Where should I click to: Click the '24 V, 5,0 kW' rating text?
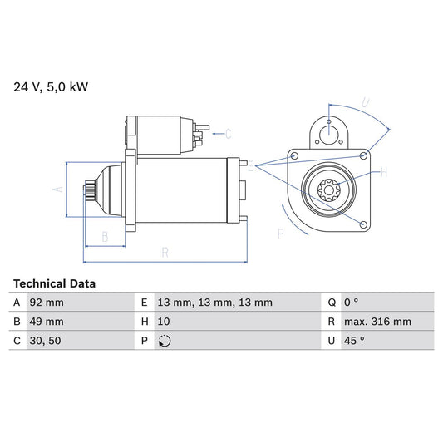[x=51, y=86]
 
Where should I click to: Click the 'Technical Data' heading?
[x=54, y=283]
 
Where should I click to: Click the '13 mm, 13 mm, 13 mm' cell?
[x=214, y=303]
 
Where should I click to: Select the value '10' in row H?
[x=164, y=322]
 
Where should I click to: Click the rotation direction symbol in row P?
[x=164, y=340]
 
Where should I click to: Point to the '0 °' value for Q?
[x=352, y=303]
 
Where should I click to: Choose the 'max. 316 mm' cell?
[x=378, y=322]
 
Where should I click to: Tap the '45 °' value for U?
[x=356, y=340]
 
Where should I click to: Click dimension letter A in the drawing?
[x=57, y=190]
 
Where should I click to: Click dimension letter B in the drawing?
[x=104, y=237]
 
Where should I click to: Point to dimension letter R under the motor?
[x=165, y=252]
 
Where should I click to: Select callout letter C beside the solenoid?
[x=228, y=133]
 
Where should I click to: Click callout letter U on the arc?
[x=364, y=103]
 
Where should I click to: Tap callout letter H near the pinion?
[x=383, y=173]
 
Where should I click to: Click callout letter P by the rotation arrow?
[x=280, y=234]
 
